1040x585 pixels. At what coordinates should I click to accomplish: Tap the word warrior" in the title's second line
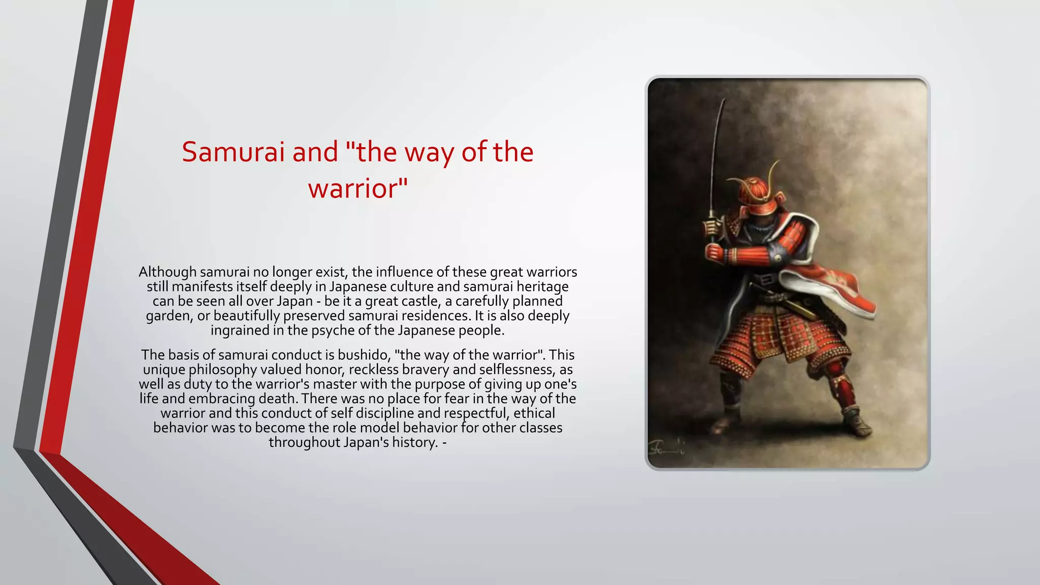tap(357, 188)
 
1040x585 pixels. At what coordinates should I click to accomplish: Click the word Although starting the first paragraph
tap(167, 272)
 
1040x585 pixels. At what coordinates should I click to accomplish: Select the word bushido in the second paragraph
tap(364, 355)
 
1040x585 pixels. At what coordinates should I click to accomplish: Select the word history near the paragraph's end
tap(413, 442)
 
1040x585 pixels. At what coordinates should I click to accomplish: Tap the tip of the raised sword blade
tap(723, 102)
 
